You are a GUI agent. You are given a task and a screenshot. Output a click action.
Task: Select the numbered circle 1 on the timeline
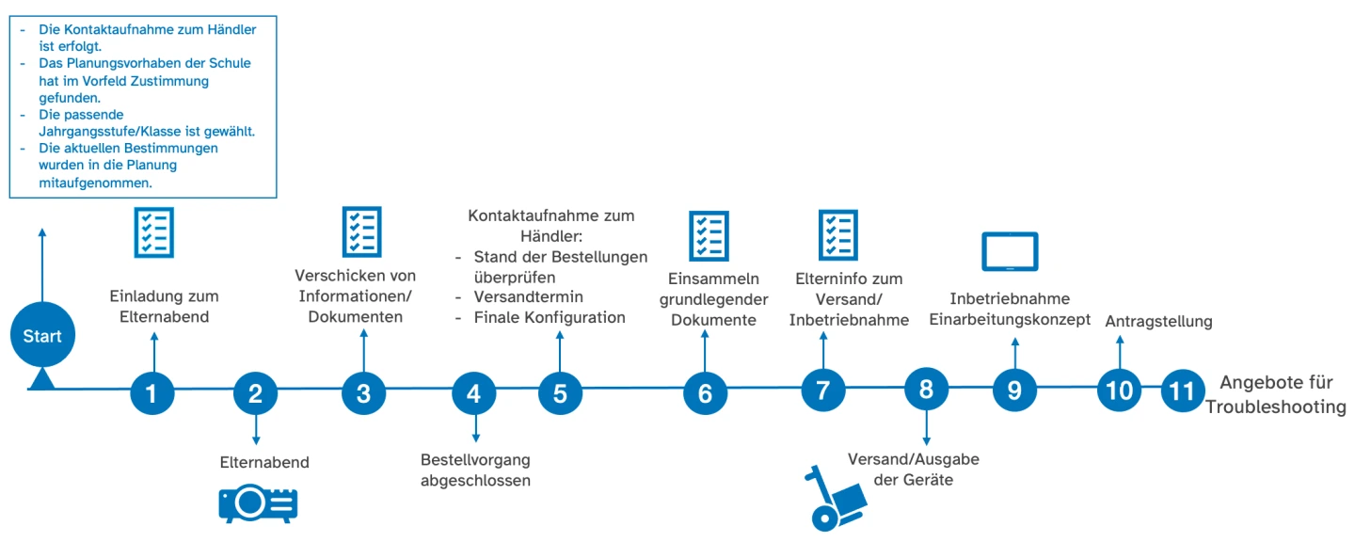(x=152, y=393)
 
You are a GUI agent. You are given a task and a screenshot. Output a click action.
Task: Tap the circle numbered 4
(x=473, y=393)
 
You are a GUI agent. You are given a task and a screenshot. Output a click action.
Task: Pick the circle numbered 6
(x=705, y=394)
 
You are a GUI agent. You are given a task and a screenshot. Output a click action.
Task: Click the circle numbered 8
(x=926, y=391)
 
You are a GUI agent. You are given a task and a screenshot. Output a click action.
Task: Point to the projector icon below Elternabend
(x=258, y=504)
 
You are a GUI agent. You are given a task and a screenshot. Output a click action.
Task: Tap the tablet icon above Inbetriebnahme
(x=1010, y=252)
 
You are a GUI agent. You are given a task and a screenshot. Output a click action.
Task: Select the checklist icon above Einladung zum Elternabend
(x=153, y=232)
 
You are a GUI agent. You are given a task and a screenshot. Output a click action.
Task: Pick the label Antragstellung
(x=1157, y=322)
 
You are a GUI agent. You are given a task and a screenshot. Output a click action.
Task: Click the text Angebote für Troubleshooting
(x=1276, y=395)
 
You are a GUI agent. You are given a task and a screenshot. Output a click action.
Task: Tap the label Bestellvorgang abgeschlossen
(x=475, y=470)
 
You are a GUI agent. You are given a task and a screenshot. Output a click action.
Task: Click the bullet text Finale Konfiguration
(x=550, y=318)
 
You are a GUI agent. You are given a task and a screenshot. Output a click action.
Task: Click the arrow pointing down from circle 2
(x=255, y=428)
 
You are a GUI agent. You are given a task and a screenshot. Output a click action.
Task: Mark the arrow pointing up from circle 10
(x=1119, y=352)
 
